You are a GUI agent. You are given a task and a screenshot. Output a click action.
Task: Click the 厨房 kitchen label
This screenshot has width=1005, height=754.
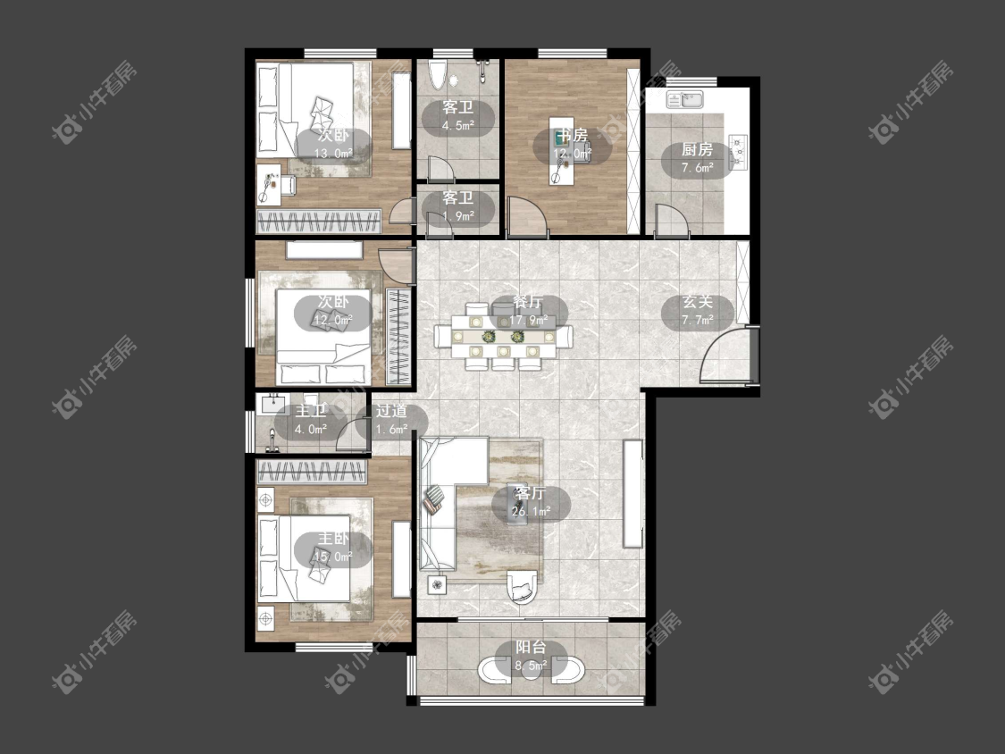pos(697,149)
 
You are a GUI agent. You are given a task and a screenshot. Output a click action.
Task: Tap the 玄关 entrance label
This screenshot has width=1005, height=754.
pos(697,301)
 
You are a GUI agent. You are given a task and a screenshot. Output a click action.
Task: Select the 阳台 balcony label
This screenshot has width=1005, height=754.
pos(531,648)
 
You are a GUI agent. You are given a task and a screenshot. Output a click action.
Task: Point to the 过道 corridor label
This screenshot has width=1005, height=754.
pos(391,411)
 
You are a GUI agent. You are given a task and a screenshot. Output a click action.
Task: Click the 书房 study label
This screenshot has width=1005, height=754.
pos(572,135)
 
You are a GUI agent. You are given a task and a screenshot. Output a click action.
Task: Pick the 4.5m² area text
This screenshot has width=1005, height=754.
pos(457,126)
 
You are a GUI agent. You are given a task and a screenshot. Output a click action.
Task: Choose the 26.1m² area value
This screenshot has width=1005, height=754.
pos(532,512)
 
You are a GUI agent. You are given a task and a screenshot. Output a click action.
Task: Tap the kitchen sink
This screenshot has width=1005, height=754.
pos(684,99)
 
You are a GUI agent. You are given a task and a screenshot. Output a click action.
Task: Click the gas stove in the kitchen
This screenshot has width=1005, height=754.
pos(738,153)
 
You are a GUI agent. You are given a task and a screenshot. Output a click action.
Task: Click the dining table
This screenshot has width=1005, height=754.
pos(503,336)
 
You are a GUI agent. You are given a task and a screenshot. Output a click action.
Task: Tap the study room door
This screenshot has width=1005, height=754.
pos(526,214)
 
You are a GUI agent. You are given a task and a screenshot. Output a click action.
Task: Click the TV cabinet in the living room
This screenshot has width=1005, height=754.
pos(632,493)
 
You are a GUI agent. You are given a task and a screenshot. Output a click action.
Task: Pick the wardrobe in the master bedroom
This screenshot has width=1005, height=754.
pos(312,472)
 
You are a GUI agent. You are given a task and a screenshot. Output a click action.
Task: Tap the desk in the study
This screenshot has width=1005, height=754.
pos(561,150)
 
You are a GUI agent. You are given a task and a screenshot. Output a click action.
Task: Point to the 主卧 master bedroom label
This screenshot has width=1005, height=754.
pos(333,539)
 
